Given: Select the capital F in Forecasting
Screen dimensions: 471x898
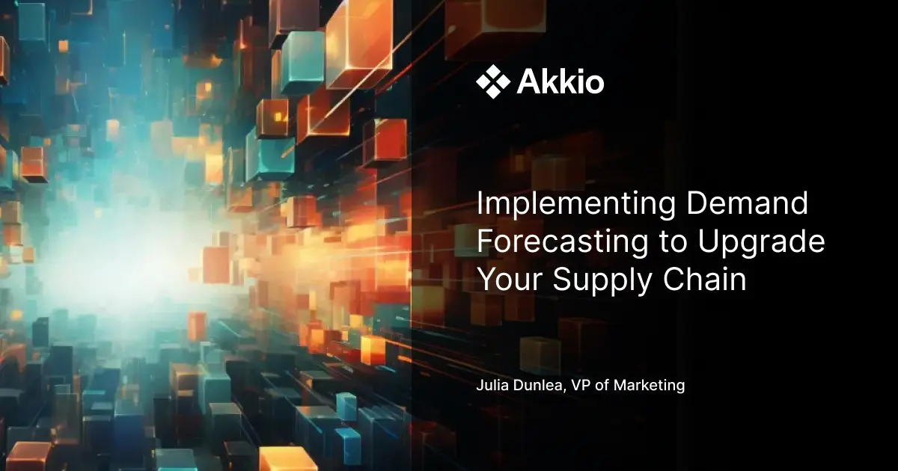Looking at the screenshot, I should (x=486, y=243).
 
